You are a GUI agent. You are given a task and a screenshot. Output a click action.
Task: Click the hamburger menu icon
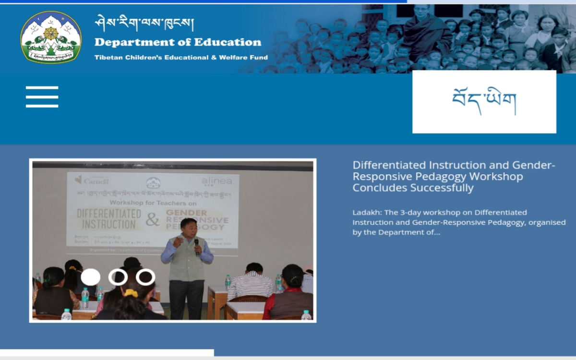[42, 96]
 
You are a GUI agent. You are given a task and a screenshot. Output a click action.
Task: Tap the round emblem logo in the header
[51, 37]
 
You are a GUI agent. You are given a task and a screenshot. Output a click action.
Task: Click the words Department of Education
[178, 42]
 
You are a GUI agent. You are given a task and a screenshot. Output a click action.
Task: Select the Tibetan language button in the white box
[484, 102]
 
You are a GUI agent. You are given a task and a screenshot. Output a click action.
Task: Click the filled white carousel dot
[91, 277]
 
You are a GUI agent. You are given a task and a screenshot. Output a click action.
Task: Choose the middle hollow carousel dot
[118, 277]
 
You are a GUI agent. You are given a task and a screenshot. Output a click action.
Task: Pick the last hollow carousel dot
[145, 277]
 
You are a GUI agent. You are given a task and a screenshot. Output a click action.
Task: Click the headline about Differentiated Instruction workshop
[454, 176]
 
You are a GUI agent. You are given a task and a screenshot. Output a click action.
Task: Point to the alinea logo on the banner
[216, 181]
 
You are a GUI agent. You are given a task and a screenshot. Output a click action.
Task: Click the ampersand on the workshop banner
[153, 220]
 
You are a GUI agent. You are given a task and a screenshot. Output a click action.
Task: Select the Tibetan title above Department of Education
[144, 22]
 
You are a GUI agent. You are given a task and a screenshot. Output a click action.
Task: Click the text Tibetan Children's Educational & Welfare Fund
[181, 58]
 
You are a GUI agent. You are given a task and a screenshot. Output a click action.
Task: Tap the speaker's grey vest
[187, 259]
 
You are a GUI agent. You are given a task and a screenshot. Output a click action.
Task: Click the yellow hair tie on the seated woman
[131, 293]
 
